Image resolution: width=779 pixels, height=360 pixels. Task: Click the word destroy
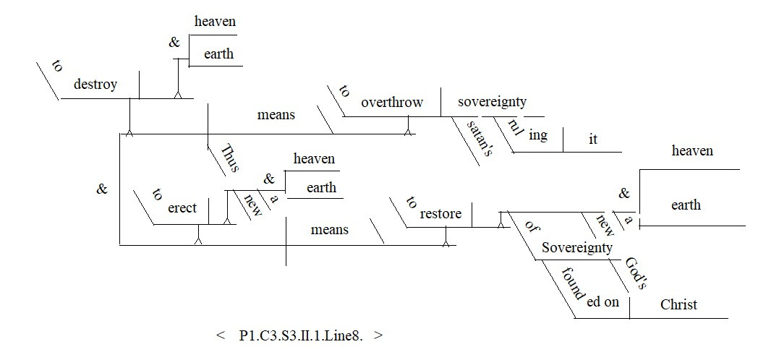point(95,85)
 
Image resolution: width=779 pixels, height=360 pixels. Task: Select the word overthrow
point(392,102)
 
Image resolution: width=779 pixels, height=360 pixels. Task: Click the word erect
point(182,208)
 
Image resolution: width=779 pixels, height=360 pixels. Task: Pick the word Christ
point(678,304)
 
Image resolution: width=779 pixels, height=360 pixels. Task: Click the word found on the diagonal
point(571,284)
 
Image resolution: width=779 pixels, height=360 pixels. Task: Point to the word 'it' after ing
point(593,140)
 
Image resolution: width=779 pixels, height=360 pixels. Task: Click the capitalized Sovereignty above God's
point(576,248)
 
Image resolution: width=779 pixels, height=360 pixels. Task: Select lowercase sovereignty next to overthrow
point(492,102)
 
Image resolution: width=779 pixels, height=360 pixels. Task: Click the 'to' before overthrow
point(344,91)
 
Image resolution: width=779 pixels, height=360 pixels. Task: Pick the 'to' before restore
point(412,202)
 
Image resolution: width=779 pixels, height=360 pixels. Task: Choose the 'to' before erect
point(156,194)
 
